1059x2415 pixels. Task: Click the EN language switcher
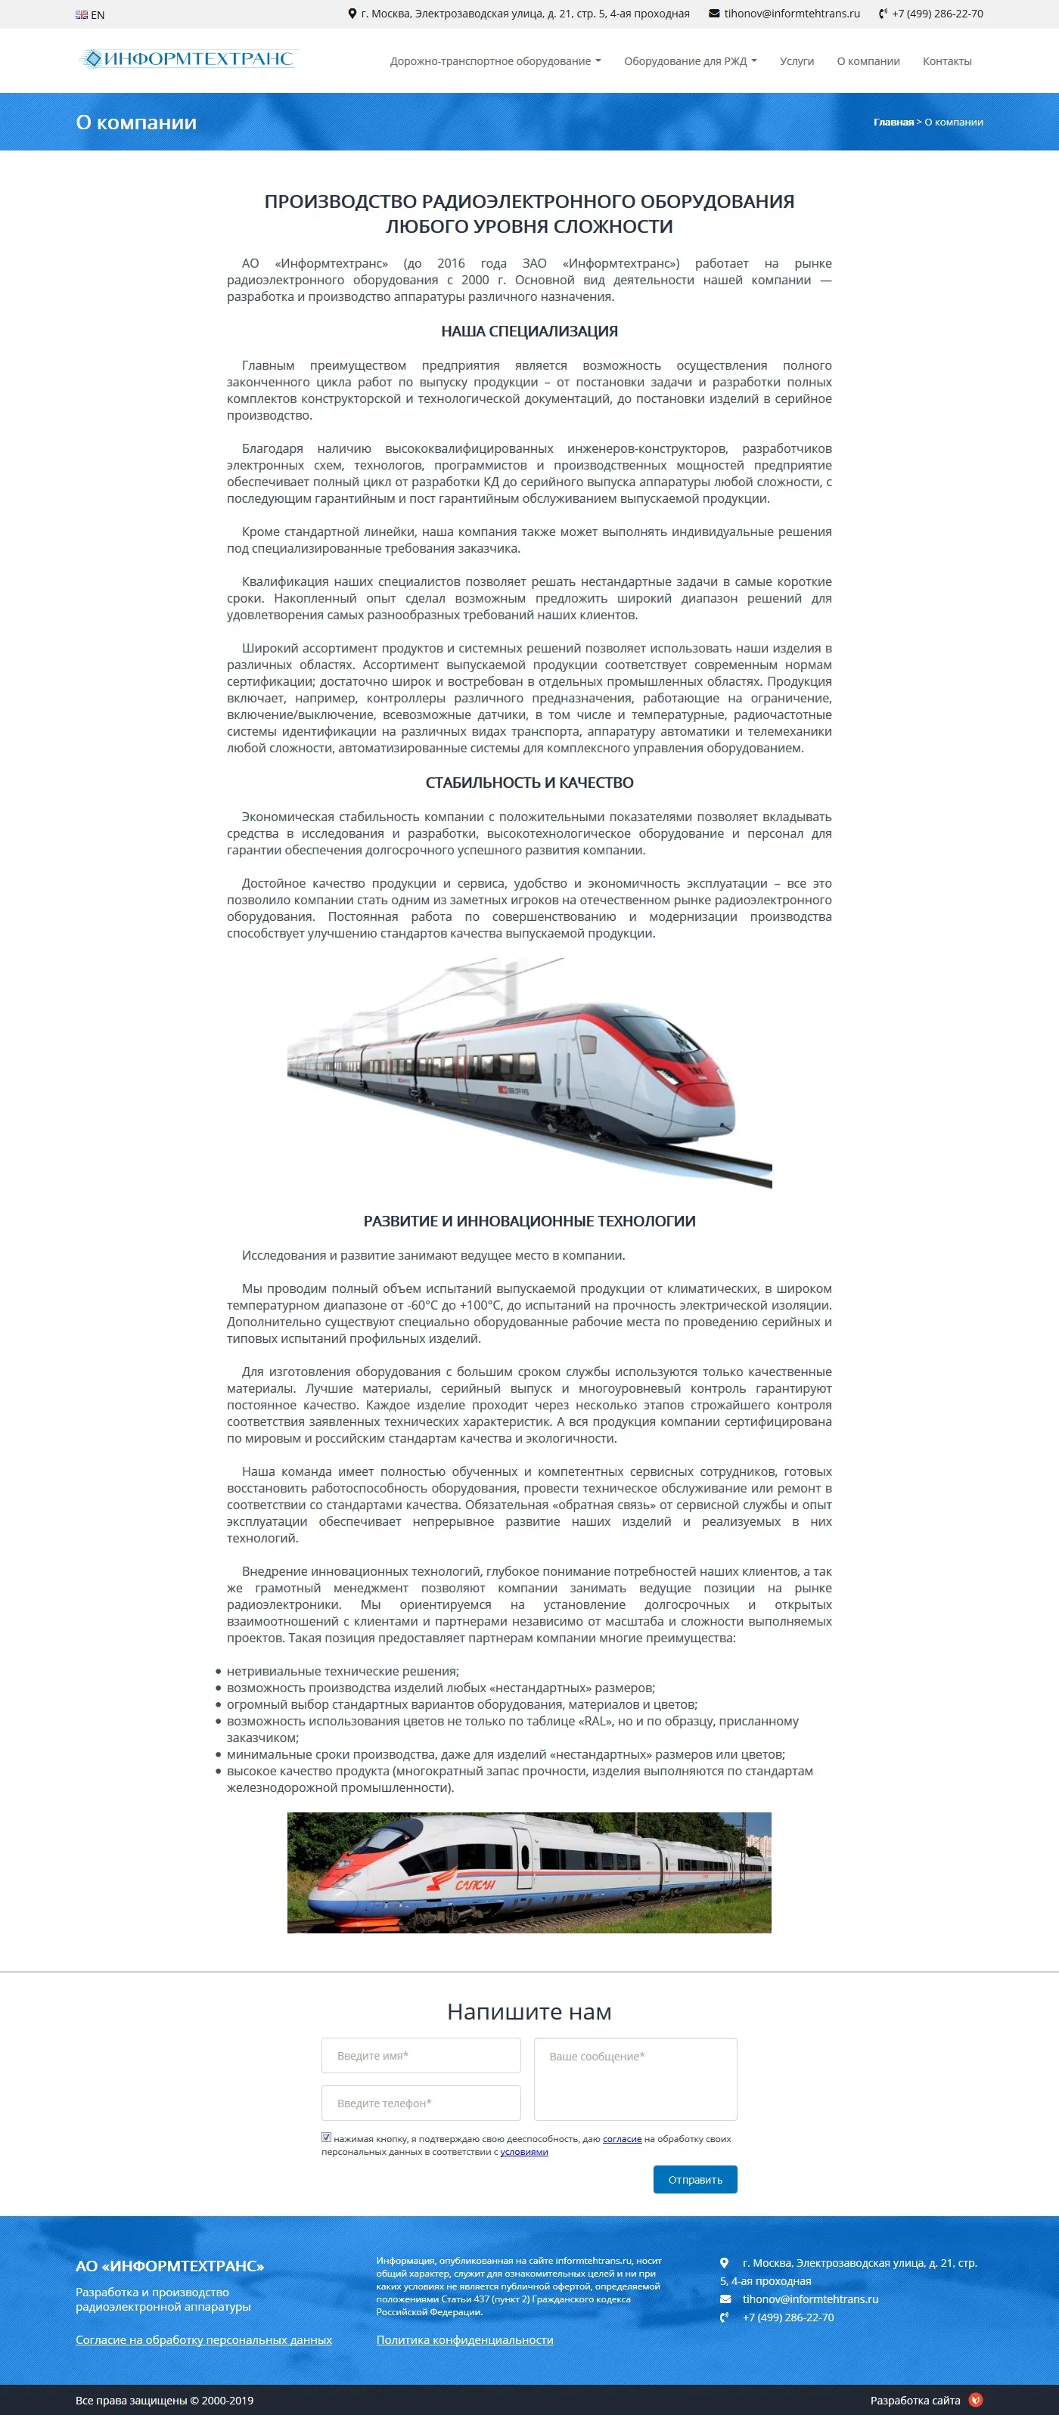tap(91, 15)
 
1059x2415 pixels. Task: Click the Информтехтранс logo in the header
tap(189, 59)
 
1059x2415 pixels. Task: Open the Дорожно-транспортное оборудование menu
tap(494, 62)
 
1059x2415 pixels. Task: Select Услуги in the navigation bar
tap(797, 62)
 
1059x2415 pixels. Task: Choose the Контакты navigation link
tap(946, 62)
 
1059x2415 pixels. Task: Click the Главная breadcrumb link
tap(893, 122)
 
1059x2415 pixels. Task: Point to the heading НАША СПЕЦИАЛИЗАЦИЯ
tap(529, 332)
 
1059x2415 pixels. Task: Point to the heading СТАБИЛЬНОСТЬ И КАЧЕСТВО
tap(529, 783)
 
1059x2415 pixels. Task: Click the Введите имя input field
tap(421, 2056)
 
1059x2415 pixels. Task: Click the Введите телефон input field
tap(421, 2103)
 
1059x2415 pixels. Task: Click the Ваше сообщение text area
tap(635, 2079)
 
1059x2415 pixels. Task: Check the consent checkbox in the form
tap(327, 2138)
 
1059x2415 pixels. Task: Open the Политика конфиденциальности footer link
tap(464, 2340)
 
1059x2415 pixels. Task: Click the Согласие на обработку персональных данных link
tap(203, 2340)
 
